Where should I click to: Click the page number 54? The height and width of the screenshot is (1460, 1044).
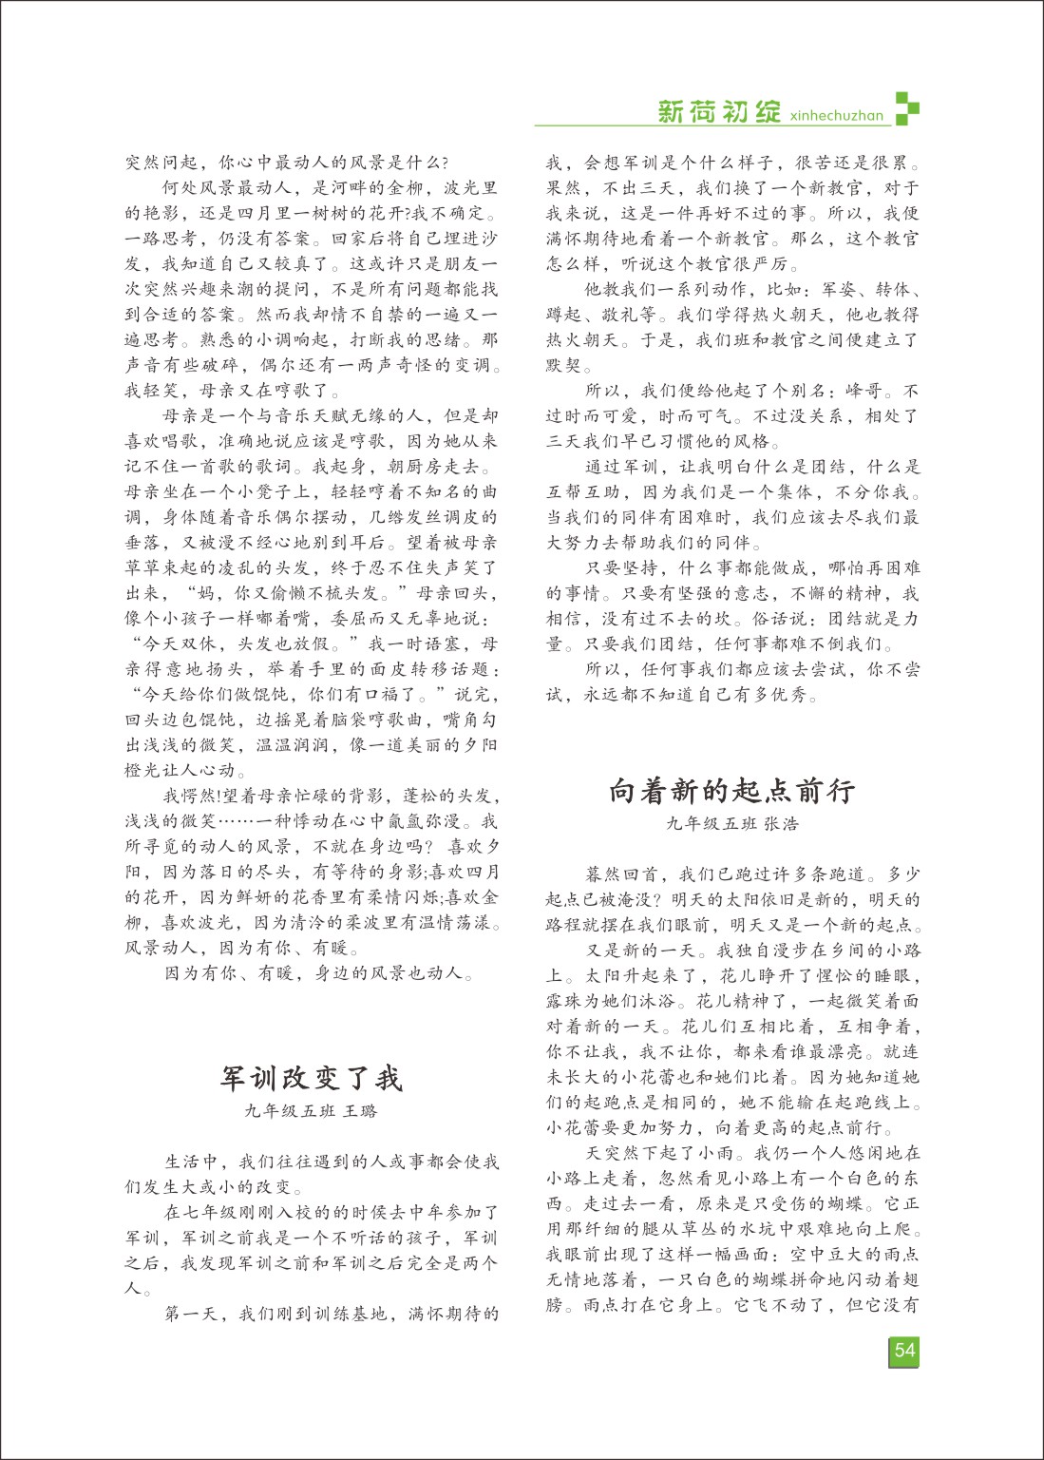click(904, 1351)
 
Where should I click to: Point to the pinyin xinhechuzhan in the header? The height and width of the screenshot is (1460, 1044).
click(836, 116)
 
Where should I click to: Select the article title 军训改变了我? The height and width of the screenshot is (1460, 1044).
click(312, 1078)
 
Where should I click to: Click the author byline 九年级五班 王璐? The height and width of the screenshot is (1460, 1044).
click(312, 1110)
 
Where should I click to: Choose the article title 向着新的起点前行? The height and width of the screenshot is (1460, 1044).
click(731, 791)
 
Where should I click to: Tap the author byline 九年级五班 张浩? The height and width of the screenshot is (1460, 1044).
click(731, 823)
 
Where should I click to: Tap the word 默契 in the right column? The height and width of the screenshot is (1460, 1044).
click(564, 366)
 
